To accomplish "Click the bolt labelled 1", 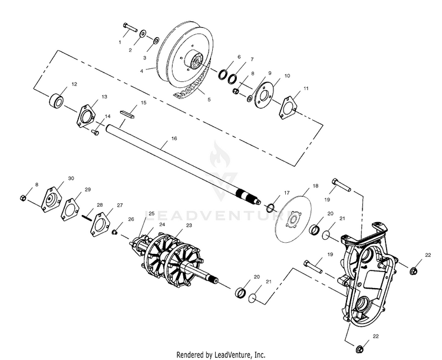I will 130,27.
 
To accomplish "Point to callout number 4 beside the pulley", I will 141,70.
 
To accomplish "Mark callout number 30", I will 71,178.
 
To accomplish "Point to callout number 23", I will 189,225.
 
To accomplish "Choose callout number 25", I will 151,213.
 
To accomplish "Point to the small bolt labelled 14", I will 96,131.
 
